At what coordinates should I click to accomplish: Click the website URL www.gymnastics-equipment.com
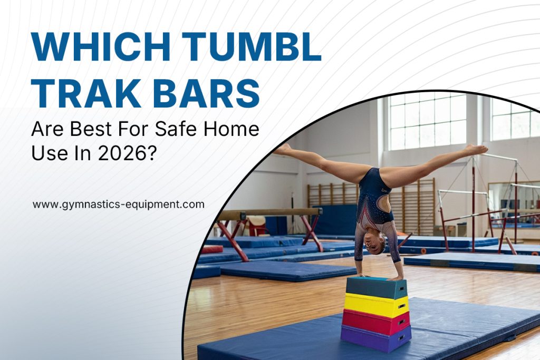point(119,205)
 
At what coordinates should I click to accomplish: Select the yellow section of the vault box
point(377,305)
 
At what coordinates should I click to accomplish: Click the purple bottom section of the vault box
point(375,338)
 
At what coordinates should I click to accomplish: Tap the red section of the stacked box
point(375,322)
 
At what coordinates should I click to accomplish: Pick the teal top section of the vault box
point(377,287)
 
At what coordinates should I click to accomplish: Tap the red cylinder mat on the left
point(212,249)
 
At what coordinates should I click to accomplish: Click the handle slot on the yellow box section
point(401,306)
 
